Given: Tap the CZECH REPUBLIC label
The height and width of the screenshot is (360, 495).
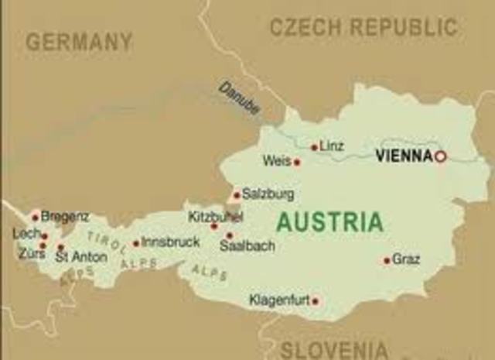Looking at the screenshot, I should [x=363, y=28].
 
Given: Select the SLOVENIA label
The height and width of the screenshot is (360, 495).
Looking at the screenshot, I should [x=333, y=349].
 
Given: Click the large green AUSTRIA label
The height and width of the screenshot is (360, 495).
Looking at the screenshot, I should [x=329, y=222].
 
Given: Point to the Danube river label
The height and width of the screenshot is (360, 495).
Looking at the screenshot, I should [x=238, y=98].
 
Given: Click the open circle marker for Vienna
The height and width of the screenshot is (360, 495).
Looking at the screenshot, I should [x=440, y=156].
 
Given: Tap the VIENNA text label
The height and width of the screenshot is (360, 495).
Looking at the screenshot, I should [x=403, y=156].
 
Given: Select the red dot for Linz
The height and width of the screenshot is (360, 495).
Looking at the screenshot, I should [x=314, y=147].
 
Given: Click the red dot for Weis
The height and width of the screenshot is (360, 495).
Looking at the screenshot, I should [x=296, y=163].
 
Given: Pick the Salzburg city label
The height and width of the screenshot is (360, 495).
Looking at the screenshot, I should [x=268, y=194].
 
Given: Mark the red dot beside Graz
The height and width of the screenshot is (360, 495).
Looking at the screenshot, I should [x=387, y=261].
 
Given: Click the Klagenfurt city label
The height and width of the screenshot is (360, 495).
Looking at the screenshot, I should [x=278, y=300].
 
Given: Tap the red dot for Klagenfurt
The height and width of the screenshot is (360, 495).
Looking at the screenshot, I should [x=315, y=301].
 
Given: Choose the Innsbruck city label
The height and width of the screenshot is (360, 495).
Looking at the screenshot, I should [x=170, y=242].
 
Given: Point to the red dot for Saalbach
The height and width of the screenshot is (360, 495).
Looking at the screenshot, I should [x=229, y=236].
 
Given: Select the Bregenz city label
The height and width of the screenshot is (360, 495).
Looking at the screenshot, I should [x=64, y=217].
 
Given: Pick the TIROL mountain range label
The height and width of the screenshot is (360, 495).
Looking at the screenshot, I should [x=106, y=241].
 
